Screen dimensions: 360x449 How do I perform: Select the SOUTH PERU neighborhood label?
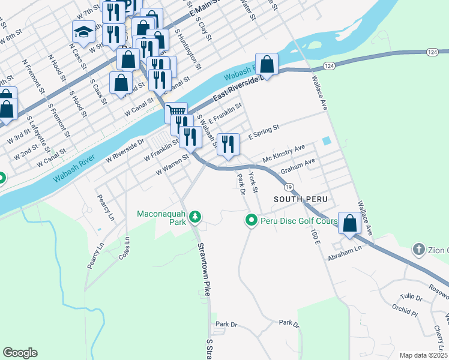click(x=295, y=199)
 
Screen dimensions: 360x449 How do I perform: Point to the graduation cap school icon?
click(x=83, y=32)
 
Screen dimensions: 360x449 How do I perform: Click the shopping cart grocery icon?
click(x=176, y=112)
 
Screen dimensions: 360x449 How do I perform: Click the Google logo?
click(x=20, y=353)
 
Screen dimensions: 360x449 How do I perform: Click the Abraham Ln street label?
click(x=345, y=253)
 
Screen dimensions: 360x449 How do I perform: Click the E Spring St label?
click(x=264, y=130)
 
